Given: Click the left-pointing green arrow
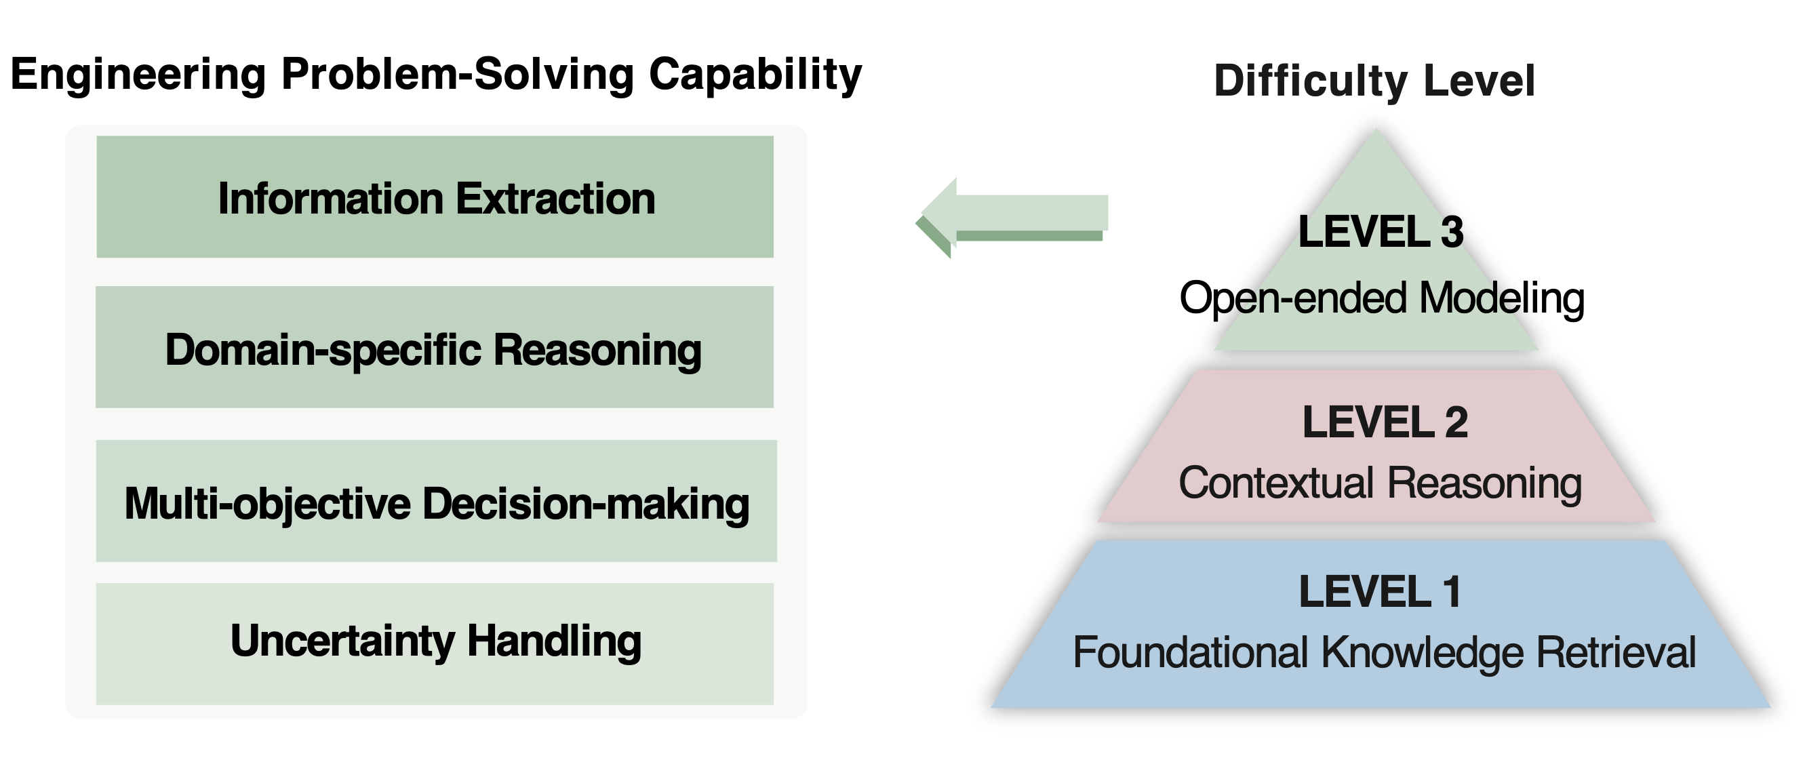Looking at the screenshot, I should (x=1012, y=217).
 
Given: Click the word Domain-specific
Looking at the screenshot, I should (x=322, y=351).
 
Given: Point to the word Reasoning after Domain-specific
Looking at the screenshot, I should (x=597, y=351).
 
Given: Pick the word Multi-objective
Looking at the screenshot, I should (x=268, y=504).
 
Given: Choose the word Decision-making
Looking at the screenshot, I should (x=586, y=504).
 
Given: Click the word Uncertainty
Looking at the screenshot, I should (x=342, y=642).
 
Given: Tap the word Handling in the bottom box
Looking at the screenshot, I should (x=554, y=642).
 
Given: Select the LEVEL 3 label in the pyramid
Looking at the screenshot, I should (x=1381, y=232).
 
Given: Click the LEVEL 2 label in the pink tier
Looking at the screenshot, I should (x=1385, y=422).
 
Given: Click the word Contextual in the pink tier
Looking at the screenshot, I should (x=1276, y=483).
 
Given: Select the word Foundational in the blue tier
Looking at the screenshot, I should (x=1191, y=653).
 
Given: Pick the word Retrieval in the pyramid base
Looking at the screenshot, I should (x=1616, y=653).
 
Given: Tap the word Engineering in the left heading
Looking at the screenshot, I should (x=138, y=75).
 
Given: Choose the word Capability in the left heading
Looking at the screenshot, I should (x=755, y=75).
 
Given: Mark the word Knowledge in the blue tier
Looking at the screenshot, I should (x=1423, y=653).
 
